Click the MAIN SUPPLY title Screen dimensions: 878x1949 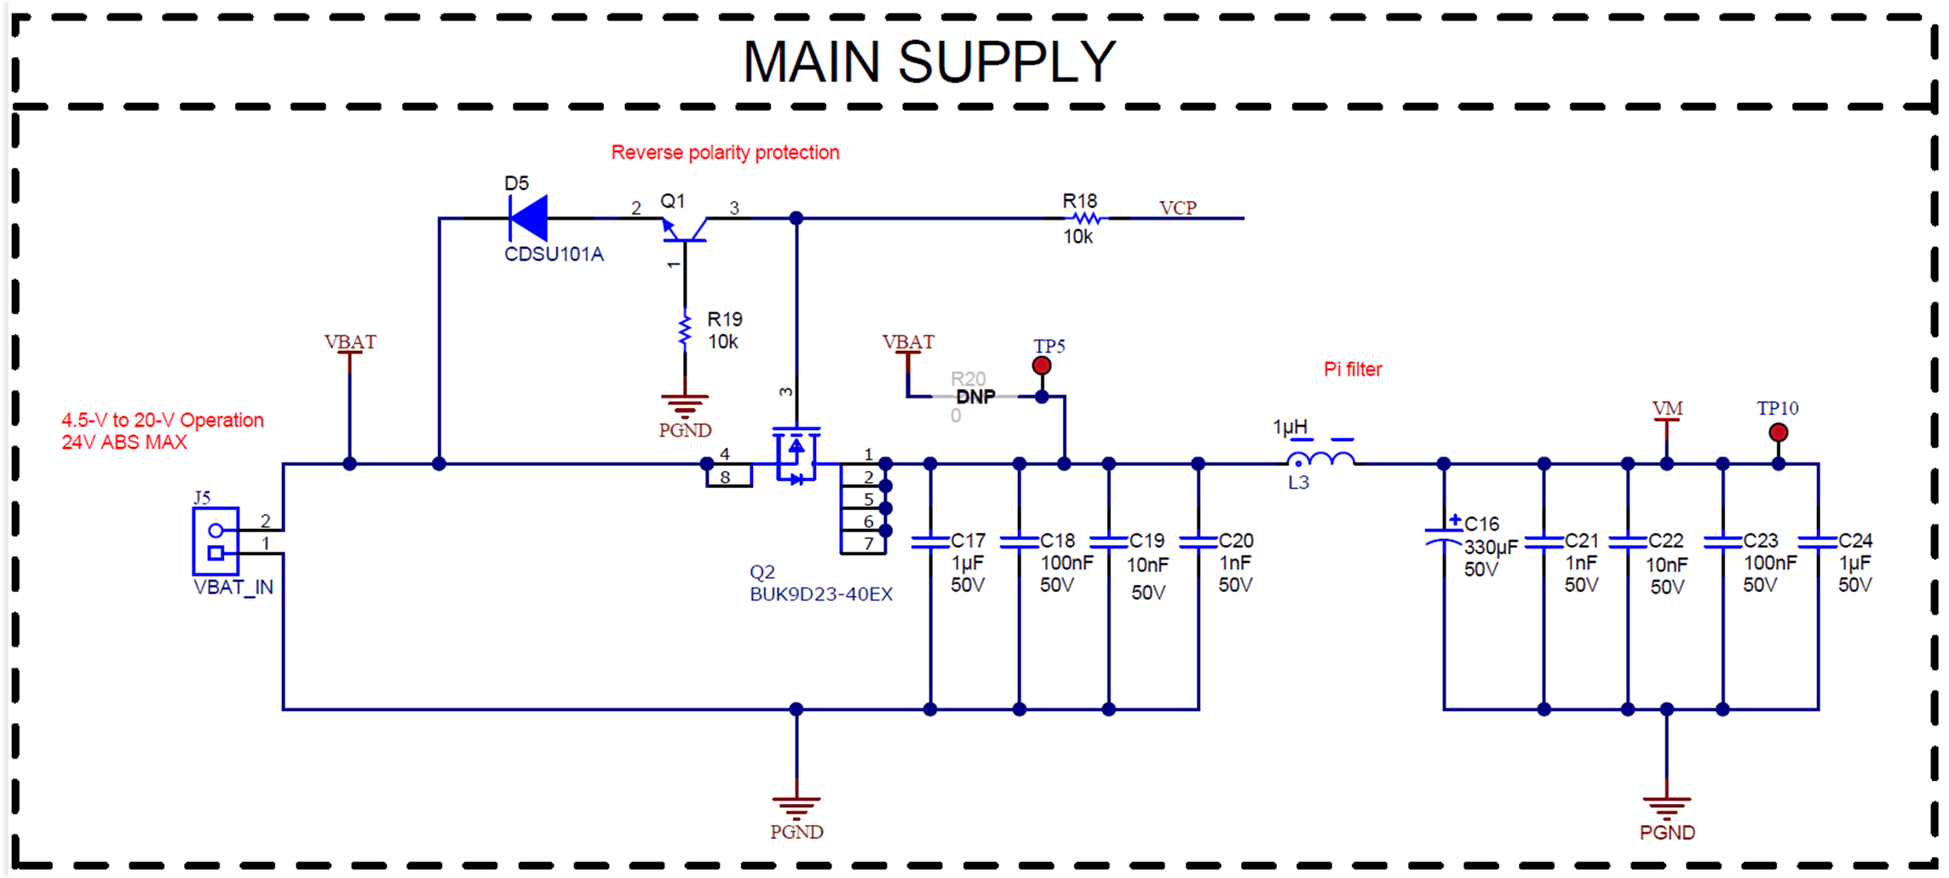tap(929, 61)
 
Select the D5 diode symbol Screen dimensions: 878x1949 tap(528, 218)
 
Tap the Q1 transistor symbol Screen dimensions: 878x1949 tap(685, 228)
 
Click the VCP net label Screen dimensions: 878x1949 tap(1177, 208)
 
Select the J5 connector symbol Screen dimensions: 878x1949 tap(216, 542)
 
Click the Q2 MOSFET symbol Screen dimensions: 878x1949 tap(796, 456)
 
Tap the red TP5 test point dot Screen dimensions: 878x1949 tap(1041, 365)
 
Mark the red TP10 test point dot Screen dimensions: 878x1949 tap(1778, 433)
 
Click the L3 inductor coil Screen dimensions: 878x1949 tap(1321, 461)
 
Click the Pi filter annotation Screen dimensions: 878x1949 tap(1352, 370)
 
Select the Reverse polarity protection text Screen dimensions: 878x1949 tap(725, 152)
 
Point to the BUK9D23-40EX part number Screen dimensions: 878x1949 tap(820, 594)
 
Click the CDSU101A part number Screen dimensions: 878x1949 tap(554, 255)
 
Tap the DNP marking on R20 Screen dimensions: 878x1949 tap(975, 397)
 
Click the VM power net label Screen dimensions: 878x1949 tap(1667, 409)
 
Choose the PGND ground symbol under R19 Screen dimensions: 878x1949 tap(685, 405)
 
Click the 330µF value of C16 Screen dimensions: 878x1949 tap(1491, 547)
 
